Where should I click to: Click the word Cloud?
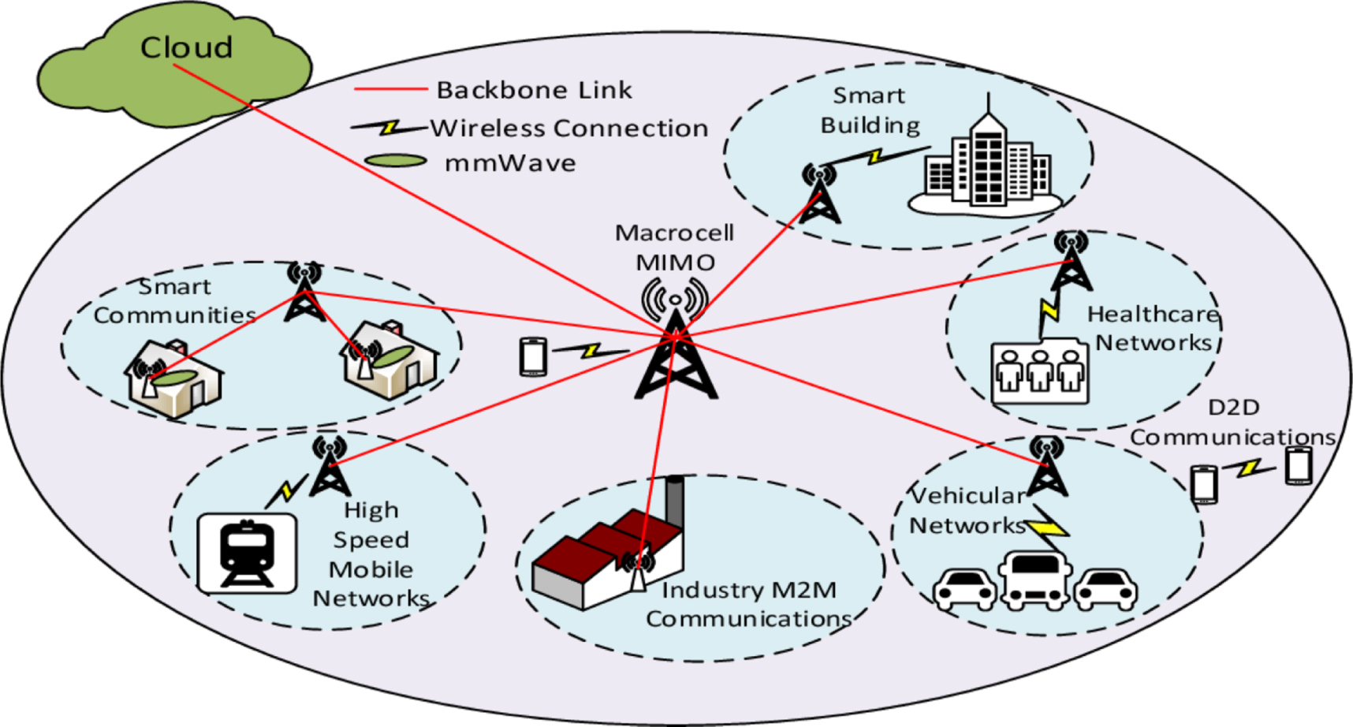coord(186,47)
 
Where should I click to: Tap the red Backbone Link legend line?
coord(390,89)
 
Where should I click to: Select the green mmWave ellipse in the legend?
coord(396,161)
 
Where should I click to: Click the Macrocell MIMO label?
coord(674,248)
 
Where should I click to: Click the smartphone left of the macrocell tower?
coord(533,356)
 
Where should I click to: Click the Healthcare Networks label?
coord(1153,328)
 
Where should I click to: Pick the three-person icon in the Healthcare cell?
coord(1039,371)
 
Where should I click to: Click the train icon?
coord(247,553)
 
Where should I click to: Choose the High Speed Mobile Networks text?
coord(371,554)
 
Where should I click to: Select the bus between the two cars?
coord(1034,581)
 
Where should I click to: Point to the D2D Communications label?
coord(1232,422)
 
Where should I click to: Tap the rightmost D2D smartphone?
coord(1298,465)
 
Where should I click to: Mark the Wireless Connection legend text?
coord(568,128)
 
